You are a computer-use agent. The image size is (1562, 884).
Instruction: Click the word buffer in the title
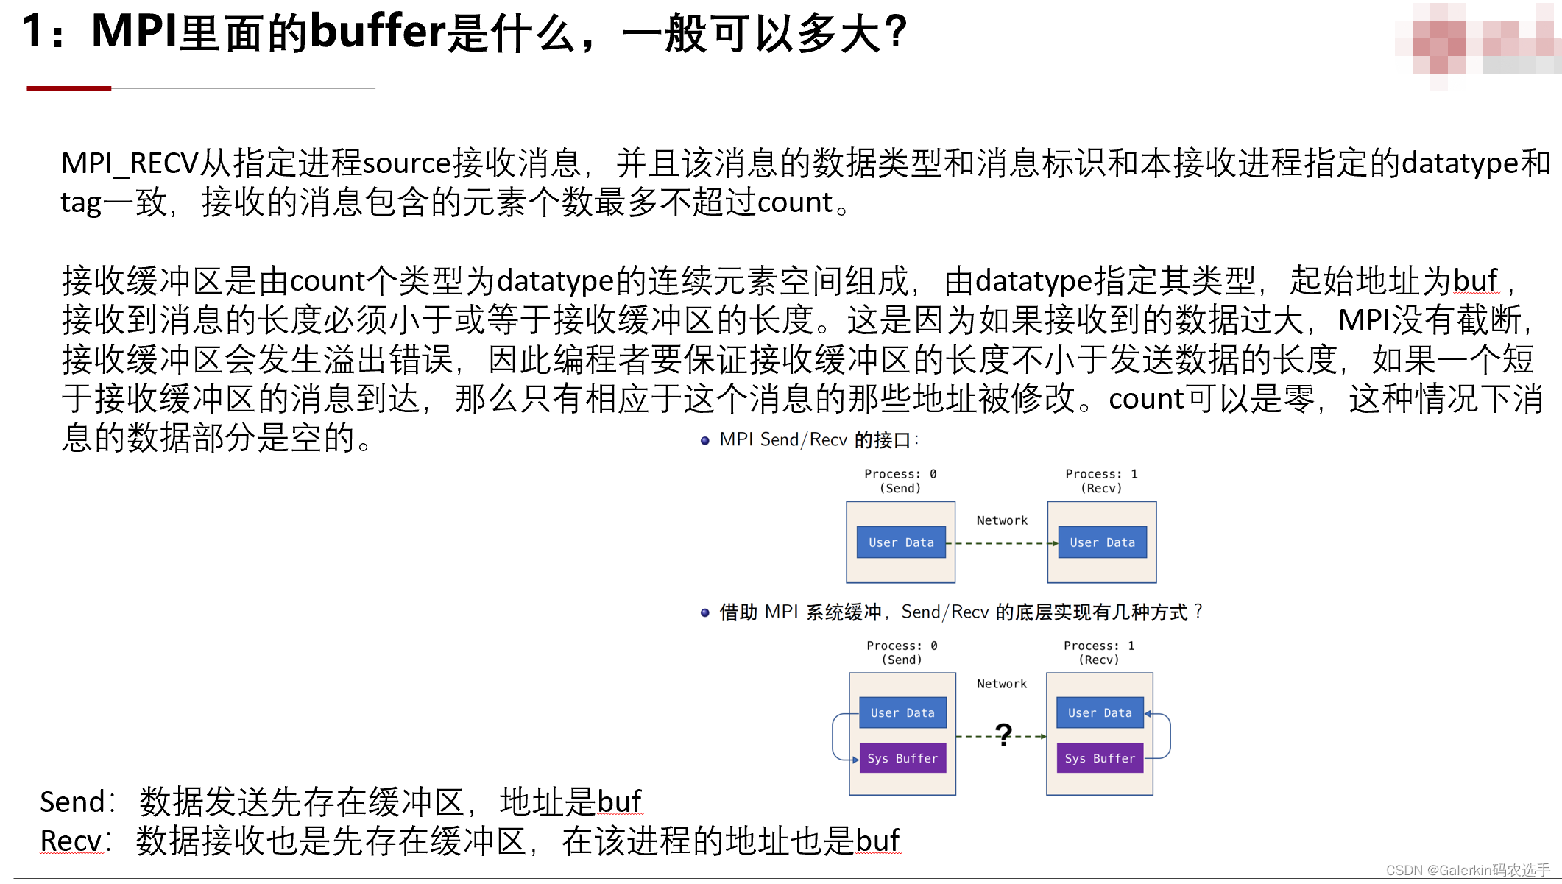tap(378, 32)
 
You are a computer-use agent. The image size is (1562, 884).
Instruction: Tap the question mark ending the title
tap(895, 32)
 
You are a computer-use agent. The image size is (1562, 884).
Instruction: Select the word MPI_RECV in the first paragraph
tap(130, 163)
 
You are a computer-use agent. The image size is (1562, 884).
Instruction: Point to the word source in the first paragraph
tap(406, 163)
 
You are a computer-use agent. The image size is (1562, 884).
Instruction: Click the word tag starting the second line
tap(81, 203)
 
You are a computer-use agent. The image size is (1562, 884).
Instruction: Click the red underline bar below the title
tap(68, 88)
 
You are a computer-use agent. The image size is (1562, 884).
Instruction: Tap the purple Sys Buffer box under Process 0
tap(902, 758)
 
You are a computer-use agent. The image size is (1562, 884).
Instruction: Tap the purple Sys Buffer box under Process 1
tap(1100, 758)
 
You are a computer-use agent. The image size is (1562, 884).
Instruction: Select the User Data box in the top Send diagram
tap(901, 542)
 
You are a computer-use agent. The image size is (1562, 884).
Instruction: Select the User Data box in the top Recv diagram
tap(1102, 542)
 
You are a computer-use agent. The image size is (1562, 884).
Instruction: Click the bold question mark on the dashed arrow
tap(1003, 735)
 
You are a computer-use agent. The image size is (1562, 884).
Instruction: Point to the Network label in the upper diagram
tap(1002, 520)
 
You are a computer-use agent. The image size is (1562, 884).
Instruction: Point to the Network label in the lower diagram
tap(1002, 684)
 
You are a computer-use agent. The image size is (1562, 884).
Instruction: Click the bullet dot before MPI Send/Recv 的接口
tap(704, 441)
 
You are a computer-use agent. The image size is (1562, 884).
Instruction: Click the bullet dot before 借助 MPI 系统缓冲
tap(704, 612)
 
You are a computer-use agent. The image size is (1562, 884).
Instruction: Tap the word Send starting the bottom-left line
tap(73, 802)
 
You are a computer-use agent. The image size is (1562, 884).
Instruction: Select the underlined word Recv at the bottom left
tap(71, 841)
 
